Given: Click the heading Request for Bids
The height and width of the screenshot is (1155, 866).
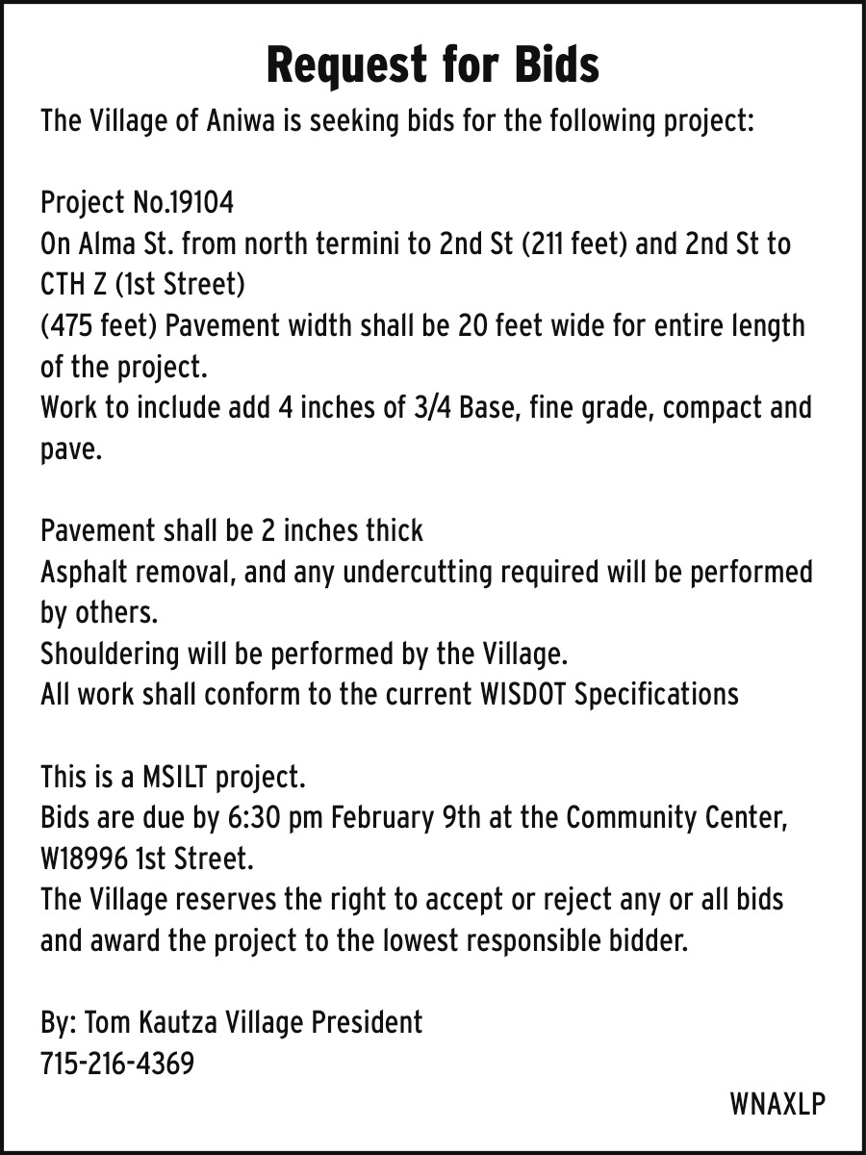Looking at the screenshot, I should click(432, 65).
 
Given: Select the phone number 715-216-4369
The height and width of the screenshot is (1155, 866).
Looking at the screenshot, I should click(117, 1064).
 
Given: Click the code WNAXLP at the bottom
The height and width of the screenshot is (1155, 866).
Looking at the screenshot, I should click(777, 1104).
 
